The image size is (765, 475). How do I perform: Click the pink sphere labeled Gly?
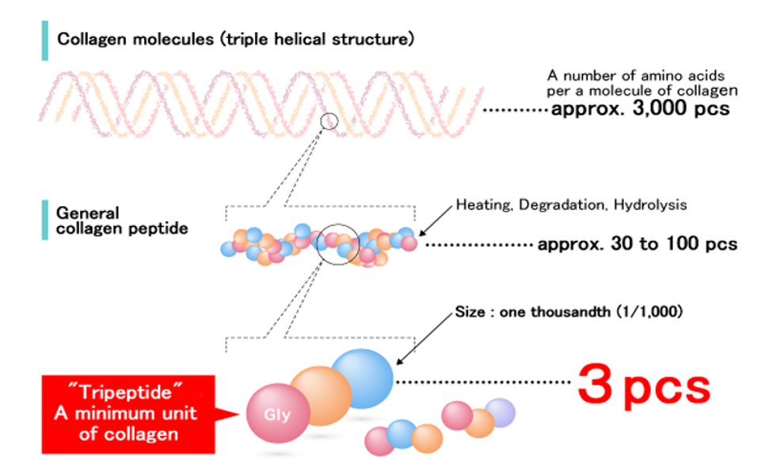(278, 413)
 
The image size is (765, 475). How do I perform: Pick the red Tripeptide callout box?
(128, 415)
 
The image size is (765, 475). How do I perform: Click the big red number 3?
(595, 384)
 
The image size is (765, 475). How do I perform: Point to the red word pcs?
(667, 389)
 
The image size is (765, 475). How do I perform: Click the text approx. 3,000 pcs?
(640, 109)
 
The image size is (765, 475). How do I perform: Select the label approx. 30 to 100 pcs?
(637, 243)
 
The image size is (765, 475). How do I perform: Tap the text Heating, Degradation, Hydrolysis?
(571, 205)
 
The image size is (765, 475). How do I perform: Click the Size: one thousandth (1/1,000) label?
(569, 312)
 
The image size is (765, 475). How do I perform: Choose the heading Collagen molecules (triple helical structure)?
(236, 39)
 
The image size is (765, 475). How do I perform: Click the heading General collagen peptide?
(122, 221)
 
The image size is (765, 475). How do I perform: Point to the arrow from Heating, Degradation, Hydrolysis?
(436, 220)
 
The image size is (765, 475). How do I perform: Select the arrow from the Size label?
(424, 339)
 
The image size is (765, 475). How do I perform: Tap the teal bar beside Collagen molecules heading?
(45, 40)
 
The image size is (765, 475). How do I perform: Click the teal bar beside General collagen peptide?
(45, 220)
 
